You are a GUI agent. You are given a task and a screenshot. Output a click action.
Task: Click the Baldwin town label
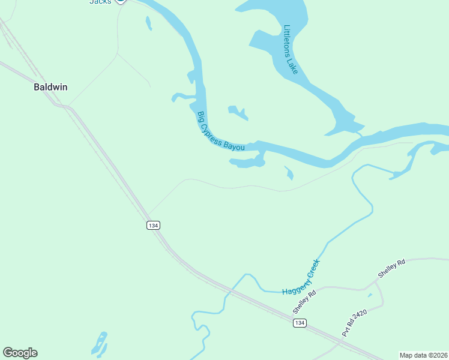50,87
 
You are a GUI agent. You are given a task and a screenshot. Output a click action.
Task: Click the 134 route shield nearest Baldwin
153,225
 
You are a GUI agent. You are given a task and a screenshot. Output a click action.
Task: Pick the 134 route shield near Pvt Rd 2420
300,323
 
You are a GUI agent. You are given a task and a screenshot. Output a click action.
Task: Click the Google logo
20,353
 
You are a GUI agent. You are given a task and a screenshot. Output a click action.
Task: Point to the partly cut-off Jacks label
100,2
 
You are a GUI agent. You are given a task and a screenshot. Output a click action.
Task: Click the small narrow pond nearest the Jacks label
148,23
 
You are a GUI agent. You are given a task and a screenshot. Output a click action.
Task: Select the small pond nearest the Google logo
100,344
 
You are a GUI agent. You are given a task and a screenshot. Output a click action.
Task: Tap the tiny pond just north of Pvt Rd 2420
370,295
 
